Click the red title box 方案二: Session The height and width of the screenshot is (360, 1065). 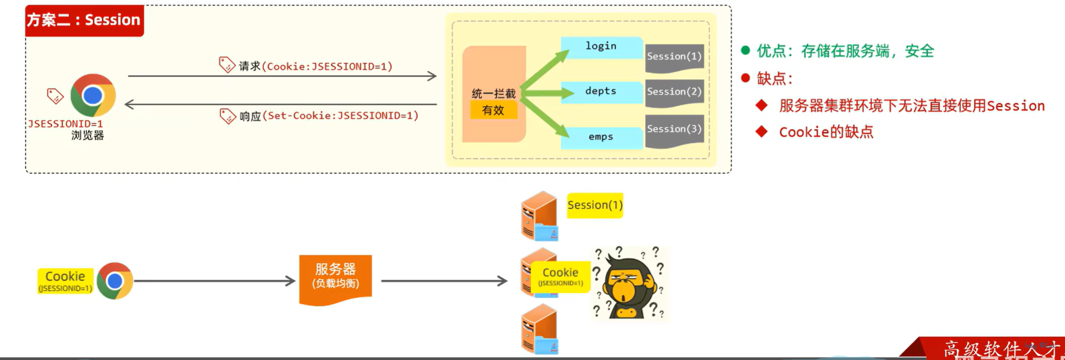[84, 20]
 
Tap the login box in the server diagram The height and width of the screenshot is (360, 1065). [601, 47]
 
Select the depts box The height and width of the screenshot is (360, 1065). [601, 92]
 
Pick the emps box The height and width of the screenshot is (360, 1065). [601, 137]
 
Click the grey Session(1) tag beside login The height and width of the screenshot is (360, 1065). [674, 57]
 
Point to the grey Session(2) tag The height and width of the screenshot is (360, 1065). [674, 92]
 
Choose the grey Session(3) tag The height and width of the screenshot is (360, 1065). [674, 129]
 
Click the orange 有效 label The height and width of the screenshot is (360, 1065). [493, 110]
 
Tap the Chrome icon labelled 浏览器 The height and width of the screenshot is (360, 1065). [93, 95]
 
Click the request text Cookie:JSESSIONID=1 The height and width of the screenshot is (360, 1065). [327, 66]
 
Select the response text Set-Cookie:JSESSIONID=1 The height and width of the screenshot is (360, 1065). [340, 116]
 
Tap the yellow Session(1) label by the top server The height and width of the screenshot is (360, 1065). [595, 206]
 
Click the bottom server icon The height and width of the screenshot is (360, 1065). [539, 330]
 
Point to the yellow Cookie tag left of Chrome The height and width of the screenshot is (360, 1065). [65, 281]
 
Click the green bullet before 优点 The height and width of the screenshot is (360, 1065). [746, 50]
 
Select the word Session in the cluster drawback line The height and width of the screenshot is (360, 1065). [1015, 106]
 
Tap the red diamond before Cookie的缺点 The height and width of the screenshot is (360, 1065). [761, 132]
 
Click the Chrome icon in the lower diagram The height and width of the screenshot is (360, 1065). [115, 281]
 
